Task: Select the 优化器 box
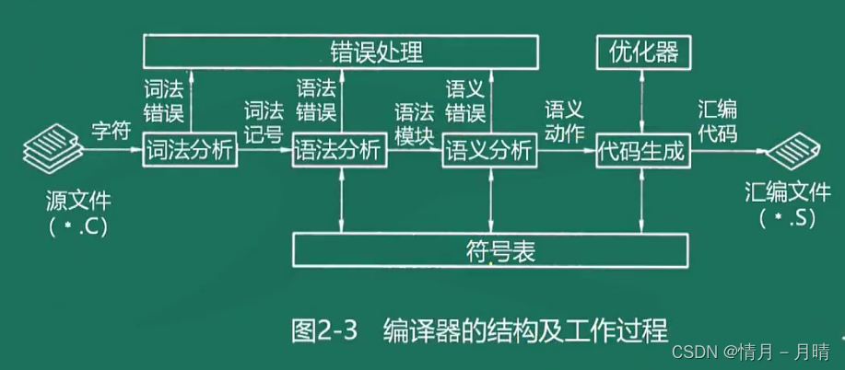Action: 642,52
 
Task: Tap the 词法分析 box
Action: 191,150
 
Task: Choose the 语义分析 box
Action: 489,150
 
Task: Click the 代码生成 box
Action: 642,150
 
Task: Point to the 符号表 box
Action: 490,249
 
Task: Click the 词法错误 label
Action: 166,101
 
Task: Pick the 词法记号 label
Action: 264,121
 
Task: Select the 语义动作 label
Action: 565,121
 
